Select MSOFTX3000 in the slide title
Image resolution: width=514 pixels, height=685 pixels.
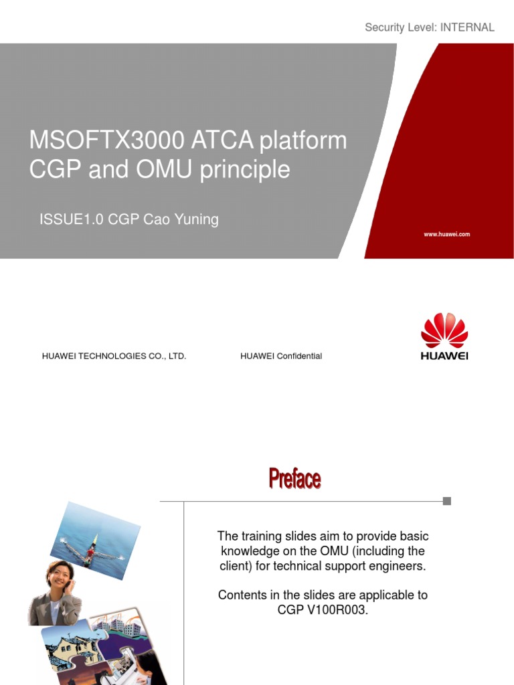(x=106, y=140)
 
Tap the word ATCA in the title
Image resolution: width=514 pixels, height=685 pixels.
(x=222, y=140)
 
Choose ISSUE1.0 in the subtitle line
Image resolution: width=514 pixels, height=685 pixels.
(x=70, y=219)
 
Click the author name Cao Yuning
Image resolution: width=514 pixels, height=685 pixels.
(x=181, y=219)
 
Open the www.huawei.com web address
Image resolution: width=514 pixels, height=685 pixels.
(x=446, y=234)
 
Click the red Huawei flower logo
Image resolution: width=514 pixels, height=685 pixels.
(x=444, y=330)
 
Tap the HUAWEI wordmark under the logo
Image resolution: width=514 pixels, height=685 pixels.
(x=444, y=356)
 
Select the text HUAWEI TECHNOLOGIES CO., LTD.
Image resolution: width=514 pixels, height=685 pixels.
(x=114, y=356)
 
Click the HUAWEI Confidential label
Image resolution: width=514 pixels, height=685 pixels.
(x=281, y=356)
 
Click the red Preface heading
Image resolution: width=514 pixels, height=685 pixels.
(x=294, y=479)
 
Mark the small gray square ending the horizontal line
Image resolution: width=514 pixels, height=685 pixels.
(x=447, y=501)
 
